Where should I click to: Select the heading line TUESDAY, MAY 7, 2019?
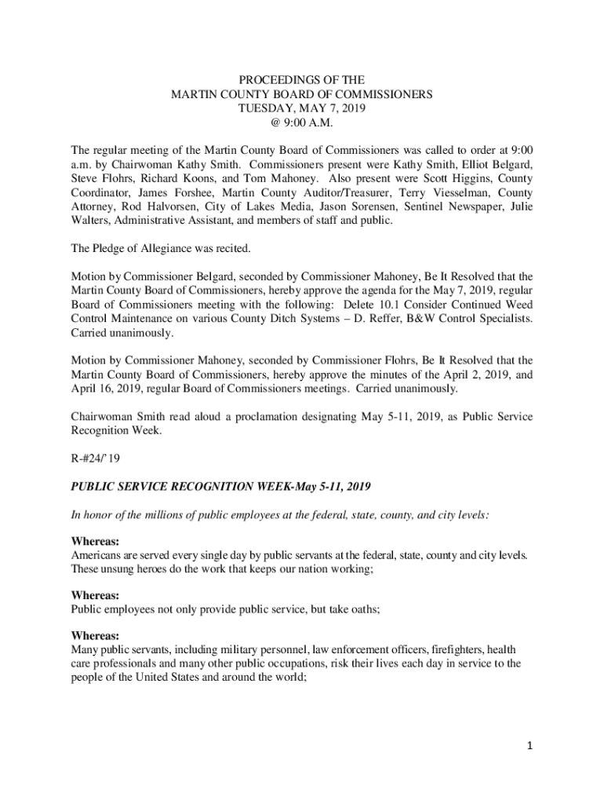tap(302, 108)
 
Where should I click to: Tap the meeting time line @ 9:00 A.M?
tap(302, 122)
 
